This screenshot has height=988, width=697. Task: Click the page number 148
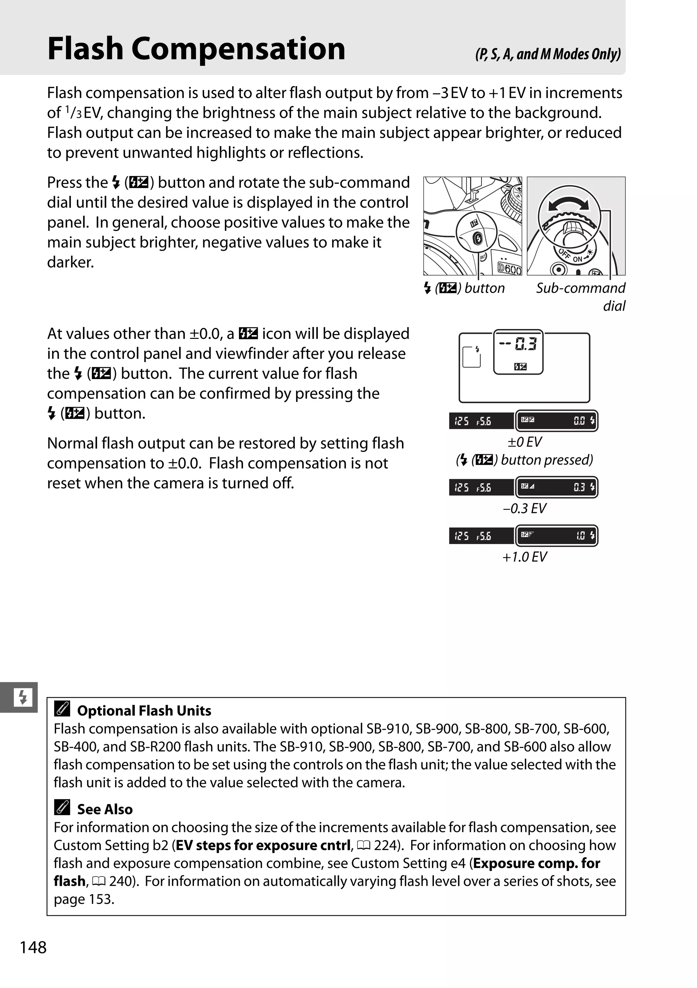[33, 947]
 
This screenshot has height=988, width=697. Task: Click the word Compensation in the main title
[238, 49]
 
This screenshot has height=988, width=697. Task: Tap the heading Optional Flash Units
[144, 710]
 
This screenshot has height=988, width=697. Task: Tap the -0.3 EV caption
[524, 508]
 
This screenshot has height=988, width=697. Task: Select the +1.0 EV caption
[524, 557]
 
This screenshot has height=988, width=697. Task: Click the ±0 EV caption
[524, 442]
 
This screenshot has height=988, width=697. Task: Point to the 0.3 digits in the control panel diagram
[526, 344]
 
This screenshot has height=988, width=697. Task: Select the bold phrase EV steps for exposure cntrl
[263, 845]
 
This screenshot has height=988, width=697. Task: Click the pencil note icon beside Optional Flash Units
[62, 709]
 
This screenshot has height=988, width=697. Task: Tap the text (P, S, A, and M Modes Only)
[548, 54]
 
